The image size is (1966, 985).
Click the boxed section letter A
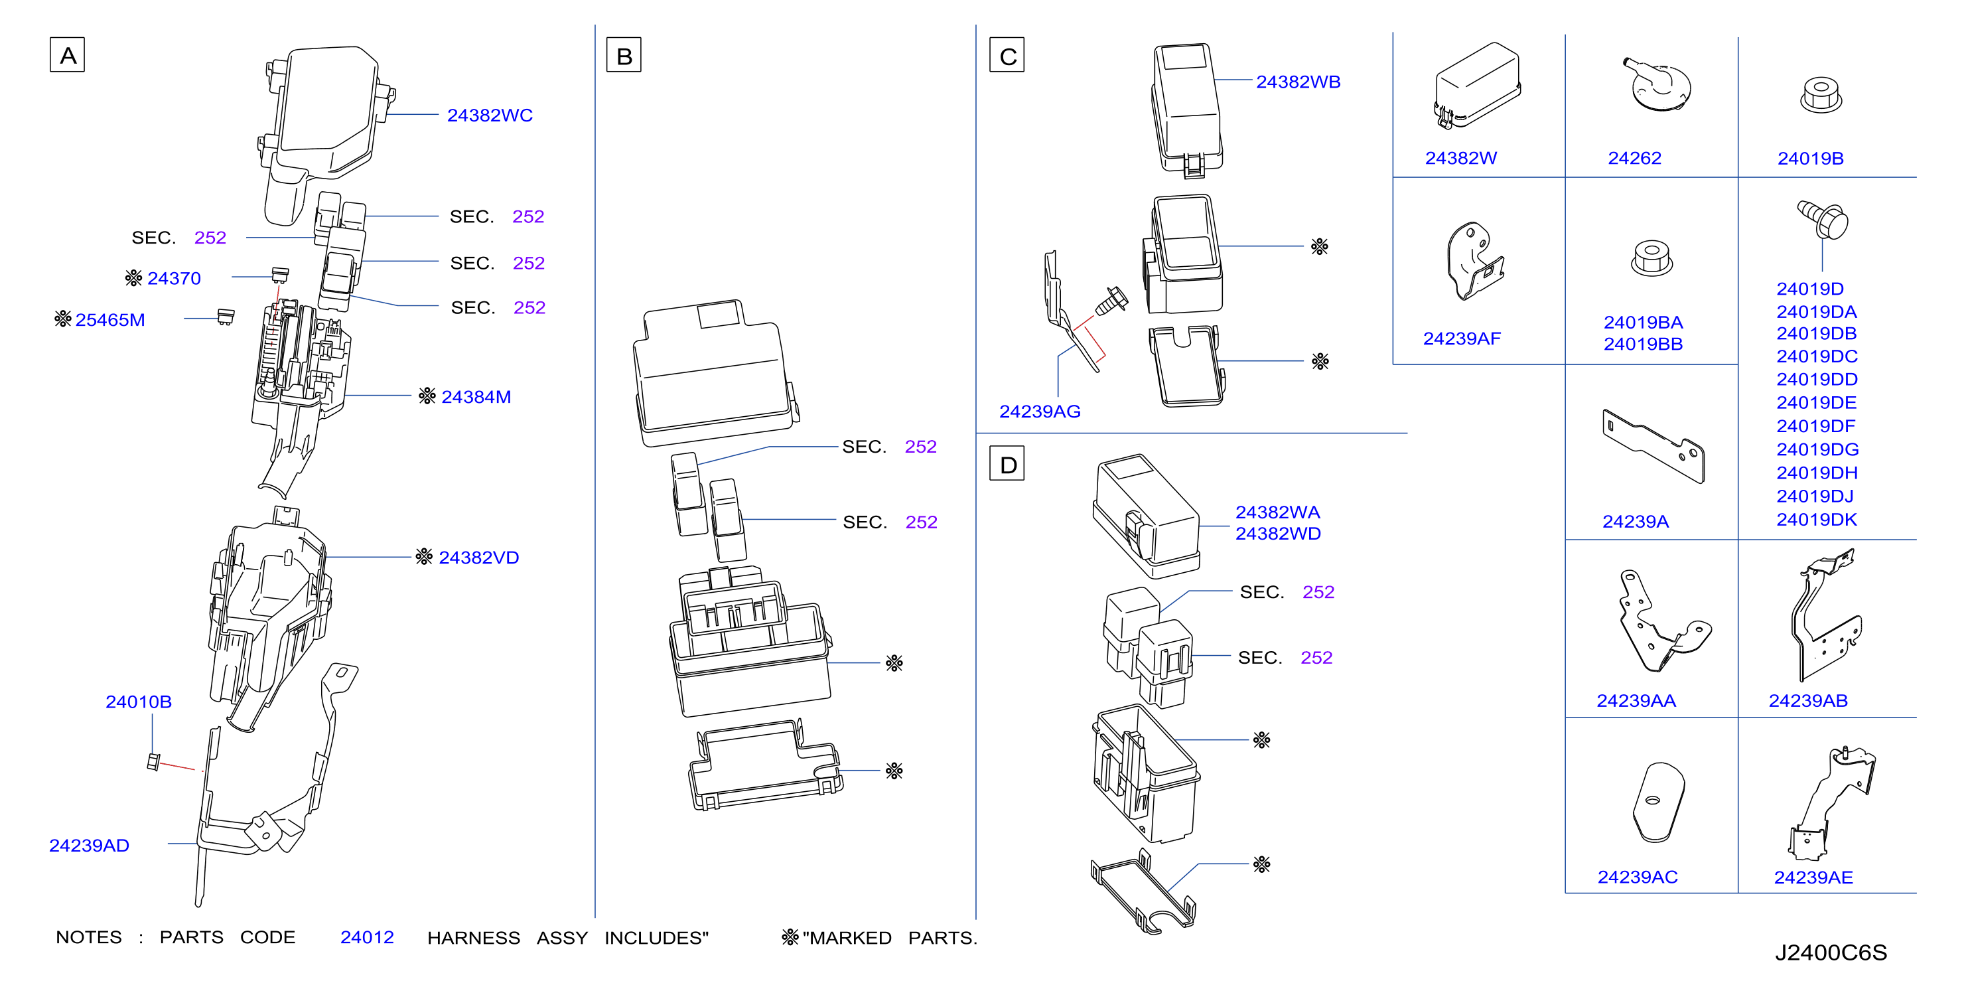pos(67,55)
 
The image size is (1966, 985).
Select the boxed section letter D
pos(1007,463)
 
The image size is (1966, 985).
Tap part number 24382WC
pos(490,115)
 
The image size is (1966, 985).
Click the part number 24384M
pos(476,397)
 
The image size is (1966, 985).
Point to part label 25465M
pos(110,320)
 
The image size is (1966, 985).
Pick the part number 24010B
pos(138,702)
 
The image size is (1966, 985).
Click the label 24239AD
pos(90,845)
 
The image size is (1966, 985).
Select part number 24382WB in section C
pos(1299,82)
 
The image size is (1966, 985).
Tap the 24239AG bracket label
pos(1040,412)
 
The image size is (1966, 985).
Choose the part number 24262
pos(1635,158)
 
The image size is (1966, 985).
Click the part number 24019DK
pos(1817,520)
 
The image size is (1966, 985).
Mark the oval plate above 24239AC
pos(1657,802)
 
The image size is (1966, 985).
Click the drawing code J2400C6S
pos(1831,953)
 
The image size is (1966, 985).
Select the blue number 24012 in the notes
pos(367,937)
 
